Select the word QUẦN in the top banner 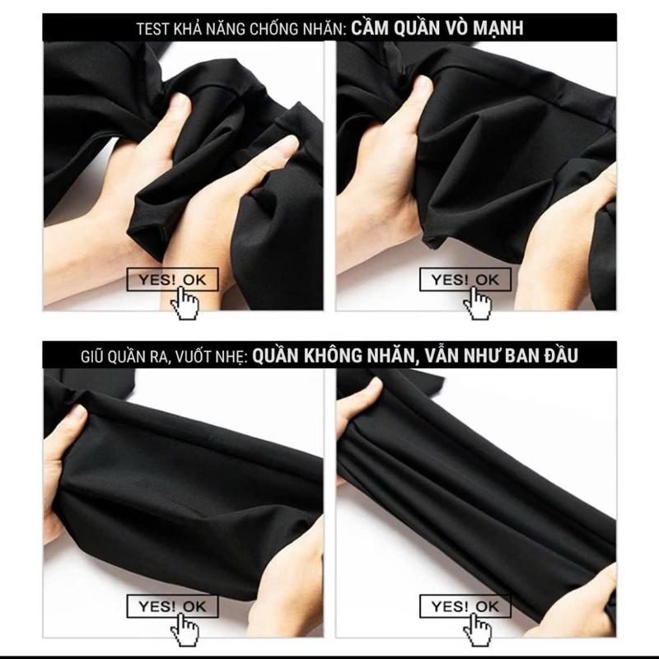pos(410,27)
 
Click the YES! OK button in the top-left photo pos(172,279)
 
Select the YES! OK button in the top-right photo pos(465,279)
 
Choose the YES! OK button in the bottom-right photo pos(465,606)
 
